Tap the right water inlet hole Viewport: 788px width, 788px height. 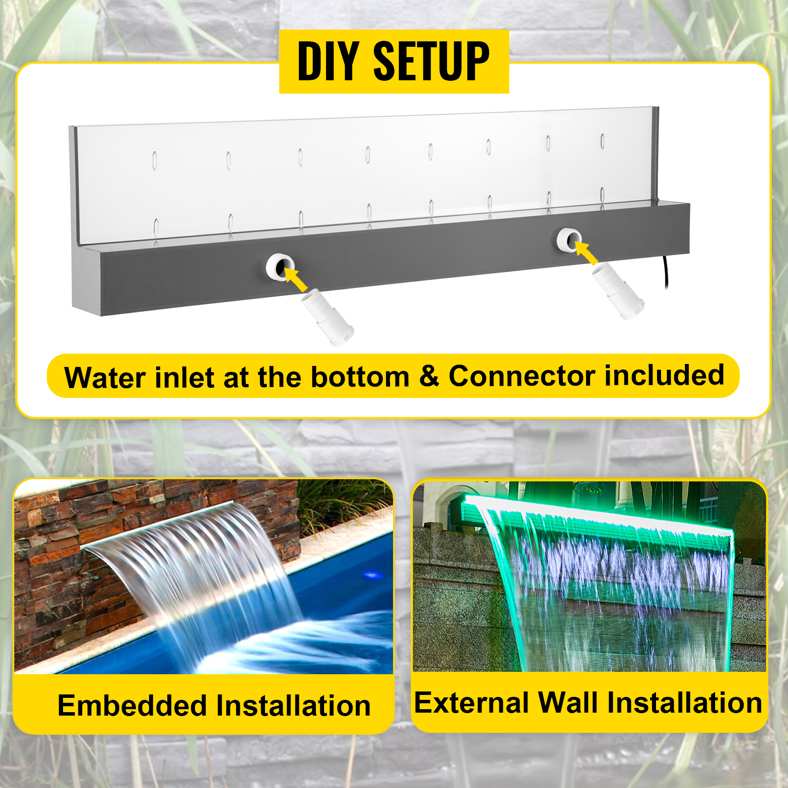pos(569,240)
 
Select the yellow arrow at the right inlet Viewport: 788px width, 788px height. pos(586,252)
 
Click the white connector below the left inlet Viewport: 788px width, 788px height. pos(327,317)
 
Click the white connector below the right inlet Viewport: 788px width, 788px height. pos(618,291)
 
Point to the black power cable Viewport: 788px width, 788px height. pos(666,272)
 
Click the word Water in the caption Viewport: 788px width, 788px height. pos(105,378)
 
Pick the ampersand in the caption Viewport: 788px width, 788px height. pos(429,376)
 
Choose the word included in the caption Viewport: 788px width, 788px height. pos(664,375)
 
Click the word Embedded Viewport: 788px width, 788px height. pos(132,705)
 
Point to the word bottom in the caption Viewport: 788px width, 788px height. pos(360,377)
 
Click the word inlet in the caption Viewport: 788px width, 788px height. pos(185,378)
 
